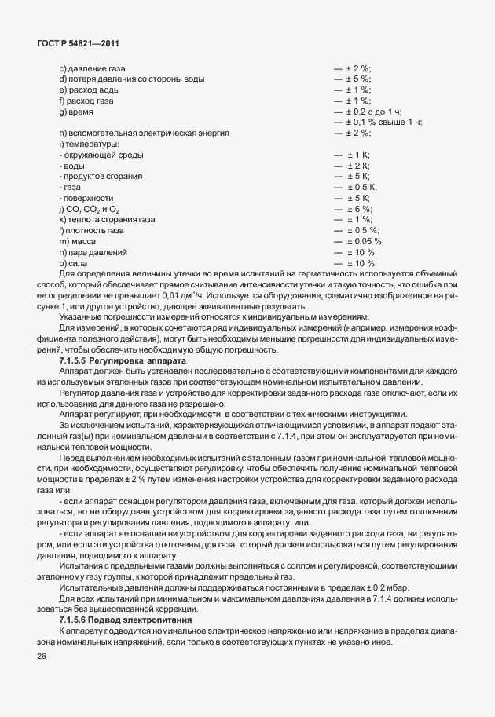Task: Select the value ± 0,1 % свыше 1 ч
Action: (383, 123)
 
